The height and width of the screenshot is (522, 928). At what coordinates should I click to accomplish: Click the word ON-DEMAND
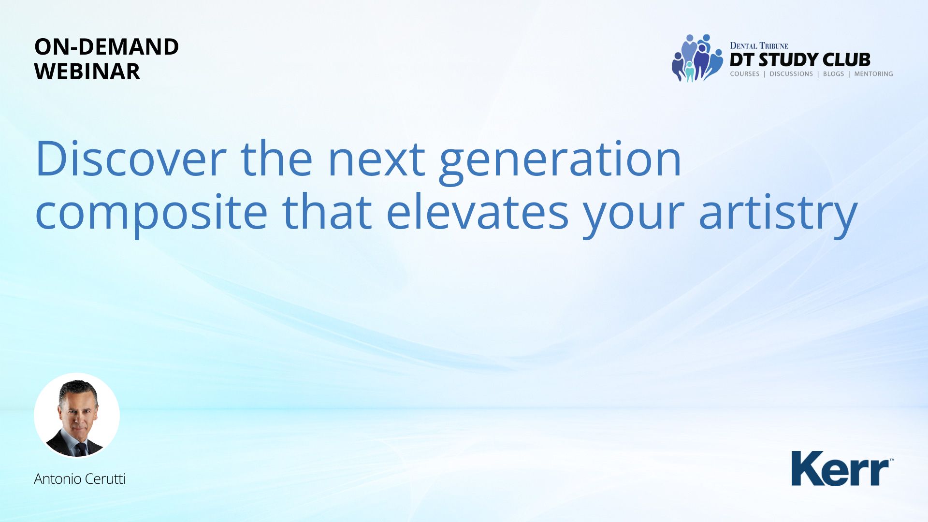[106, 47]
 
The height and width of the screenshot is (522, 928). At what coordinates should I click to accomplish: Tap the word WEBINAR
[87, 72]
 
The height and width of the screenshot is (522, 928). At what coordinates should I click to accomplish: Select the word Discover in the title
[131, 159]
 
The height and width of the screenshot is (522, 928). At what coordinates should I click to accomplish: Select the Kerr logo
[842, 468]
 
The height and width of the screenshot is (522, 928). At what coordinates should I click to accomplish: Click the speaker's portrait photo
[77, 416]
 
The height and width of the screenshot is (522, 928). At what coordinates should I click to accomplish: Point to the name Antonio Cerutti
[80, 479]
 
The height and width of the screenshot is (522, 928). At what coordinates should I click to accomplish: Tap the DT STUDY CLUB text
[800, 59]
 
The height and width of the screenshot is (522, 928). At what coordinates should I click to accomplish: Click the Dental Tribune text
[759, 46]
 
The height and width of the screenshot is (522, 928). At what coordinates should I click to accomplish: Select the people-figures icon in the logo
[697, 58]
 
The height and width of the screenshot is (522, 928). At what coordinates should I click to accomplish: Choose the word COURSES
[744, 74]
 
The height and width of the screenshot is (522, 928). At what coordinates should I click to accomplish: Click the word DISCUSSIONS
[791, 74]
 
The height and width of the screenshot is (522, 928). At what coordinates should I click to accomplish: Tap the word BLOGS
[833, 74]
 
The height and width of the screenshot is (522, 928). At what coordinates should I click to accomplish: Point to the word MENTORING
[873, 74]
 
